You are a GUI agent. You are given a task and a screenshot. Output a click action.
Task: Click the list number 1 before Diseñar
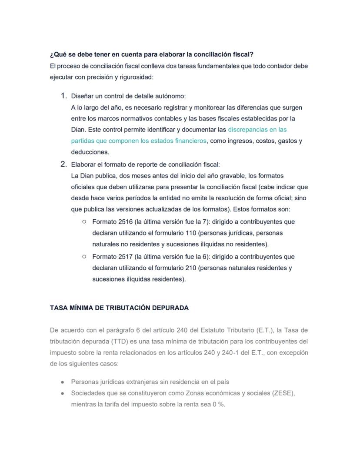point(63,96)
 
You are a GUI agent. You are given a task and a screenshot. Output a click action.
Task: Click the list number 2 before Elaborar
point(63,164)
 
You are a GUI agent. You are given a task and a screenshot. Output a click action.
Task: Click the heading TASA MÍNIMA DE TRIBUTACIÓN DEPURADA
point(119,308)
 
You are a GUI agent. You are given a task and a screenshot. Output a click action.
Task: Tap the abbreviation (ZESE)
point(283,393)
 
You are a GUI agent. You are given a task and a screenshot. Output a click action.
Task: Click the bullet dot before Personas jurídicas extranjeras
point(63,382)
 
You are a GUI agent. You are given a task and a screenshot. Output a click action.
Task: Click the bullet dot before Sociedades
point(63,393)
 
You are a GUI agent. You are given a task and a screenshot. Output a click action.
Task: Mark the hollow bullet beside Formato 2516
point(84,222)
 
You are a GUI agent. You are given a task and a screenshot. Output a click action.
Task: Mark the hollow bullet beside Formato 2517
point(84,257)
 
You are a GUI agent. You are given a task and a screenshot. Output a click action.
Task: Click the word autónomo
point(170,96)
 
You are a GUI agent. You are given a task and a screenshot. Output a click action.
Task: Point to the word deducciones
point(90,152)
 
